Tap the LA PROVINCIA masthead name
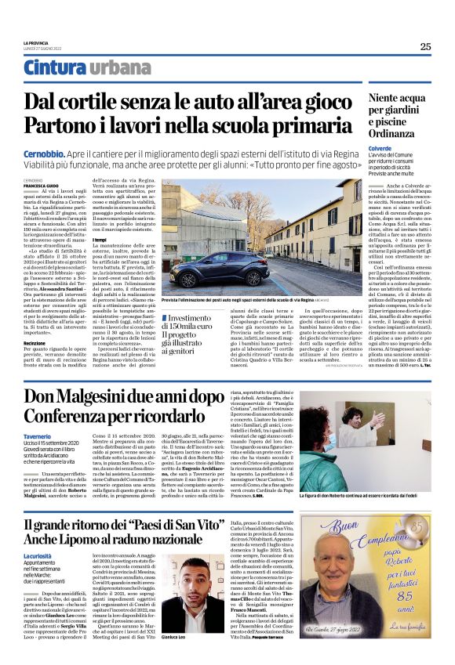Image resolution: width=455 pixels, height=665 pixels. click(37, 42)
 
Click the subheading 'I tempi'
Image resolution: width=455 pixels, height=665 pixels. click(100, 240)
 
